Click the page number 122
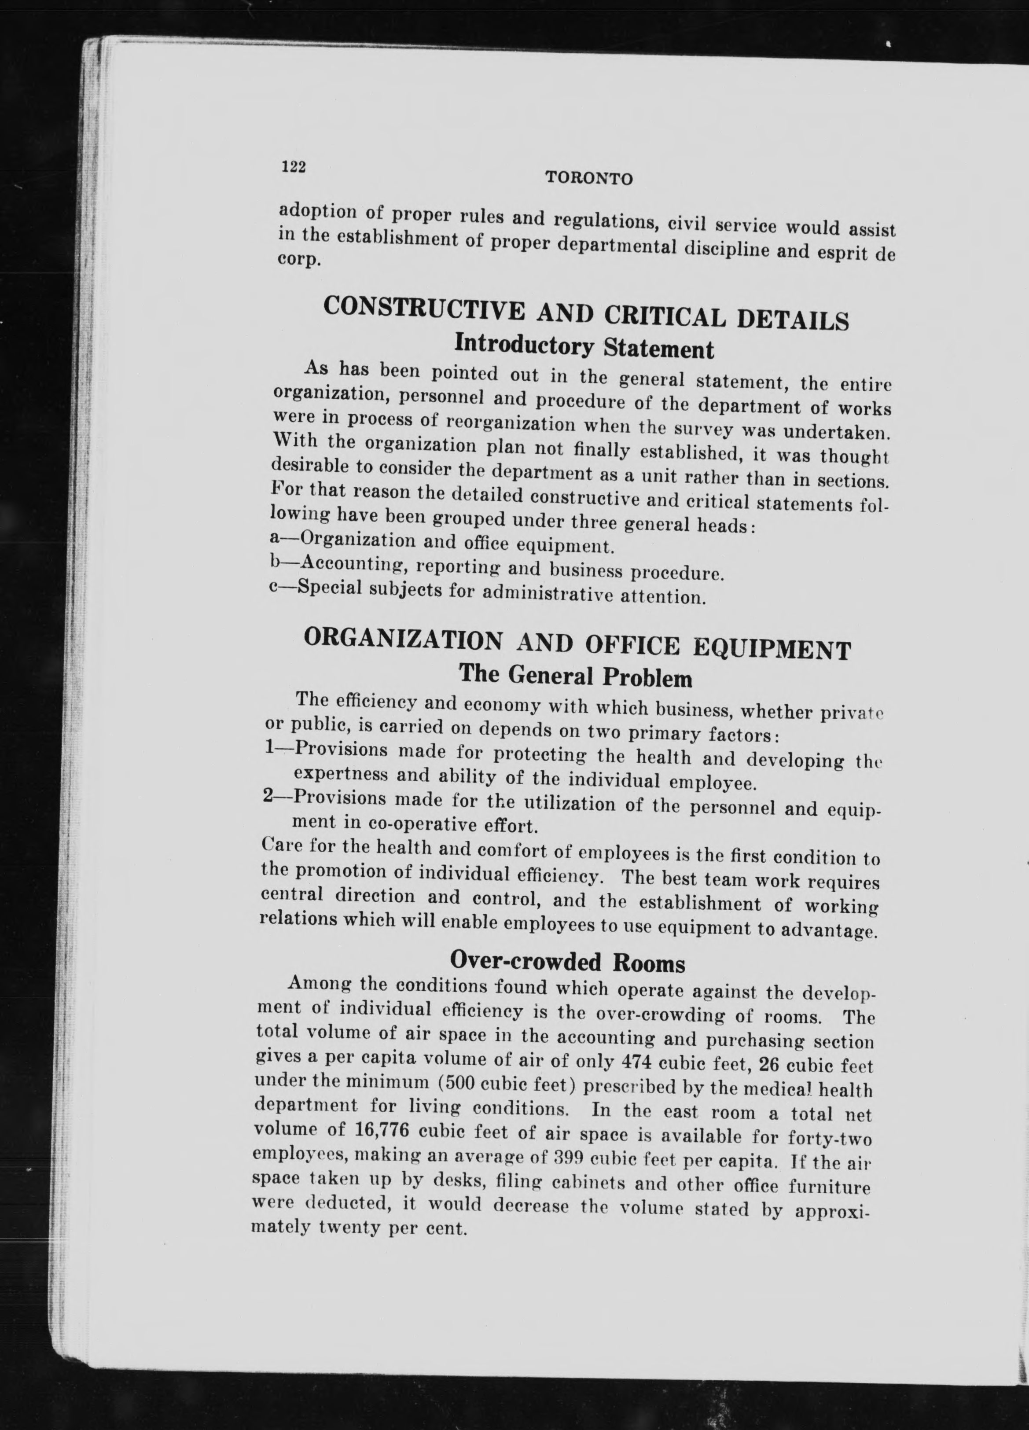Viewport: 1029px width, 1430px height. tap(293, 166)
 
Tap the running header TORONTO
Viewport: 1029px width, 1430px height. tap(588, 178)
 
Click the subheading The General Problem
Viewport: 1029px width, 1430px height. tap(575, 676)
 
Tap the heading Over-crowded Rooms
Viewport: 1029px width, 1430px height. tap(567, 962)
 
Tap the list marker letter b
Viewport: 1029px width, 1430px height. tap(274, 561)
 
